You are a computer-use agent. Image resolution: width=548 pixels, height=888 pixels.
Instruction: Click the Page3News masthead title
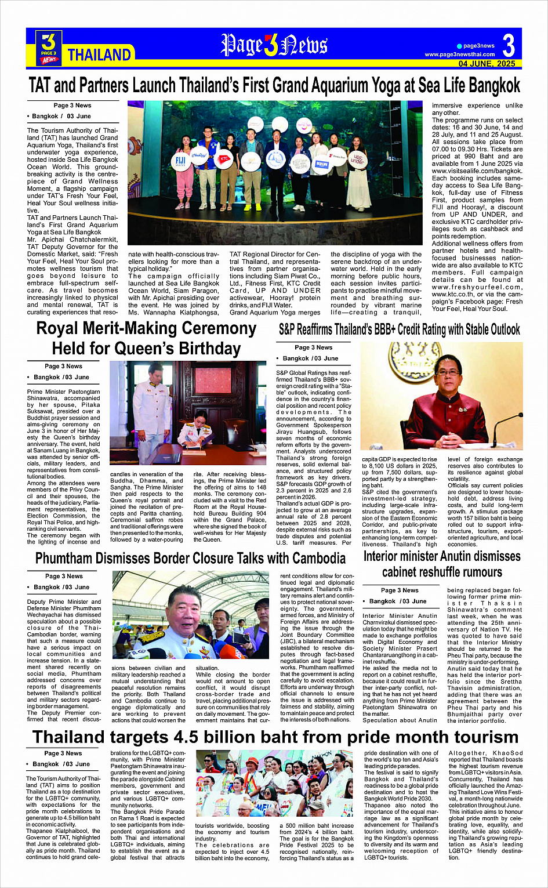pyautogui.click(x=274, y=45)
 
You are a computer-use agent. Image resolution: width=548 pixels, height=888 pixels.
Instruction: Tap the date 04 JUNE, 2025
pyautogui.click(x=487, y=64)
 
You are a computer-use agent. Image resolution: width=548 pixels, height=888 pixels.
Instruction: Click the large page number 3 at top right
pyautogui.click(x=508, y=45)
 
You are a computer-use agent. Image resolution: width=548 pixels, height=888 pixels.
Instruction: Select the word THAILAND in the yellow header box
pyautogui.click(x=99, y=55)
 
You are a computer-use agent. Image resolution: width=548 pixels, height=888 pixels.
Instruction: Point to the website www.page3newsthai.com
pyautogui.click(x=460, y=55)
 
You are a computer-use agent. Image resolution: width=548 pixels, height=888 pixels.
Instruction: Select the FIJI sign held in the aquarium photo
pyautogui.click(x=180, y=161)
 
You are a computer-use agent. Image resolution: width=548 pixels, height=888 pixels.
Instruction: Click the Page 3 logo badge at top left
pyautogui.click(x=49, y=47)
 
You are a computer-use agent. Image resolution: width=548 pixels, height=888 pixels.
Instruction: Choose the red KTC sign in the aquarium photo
pyautogui.click(x=224, y=158)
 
